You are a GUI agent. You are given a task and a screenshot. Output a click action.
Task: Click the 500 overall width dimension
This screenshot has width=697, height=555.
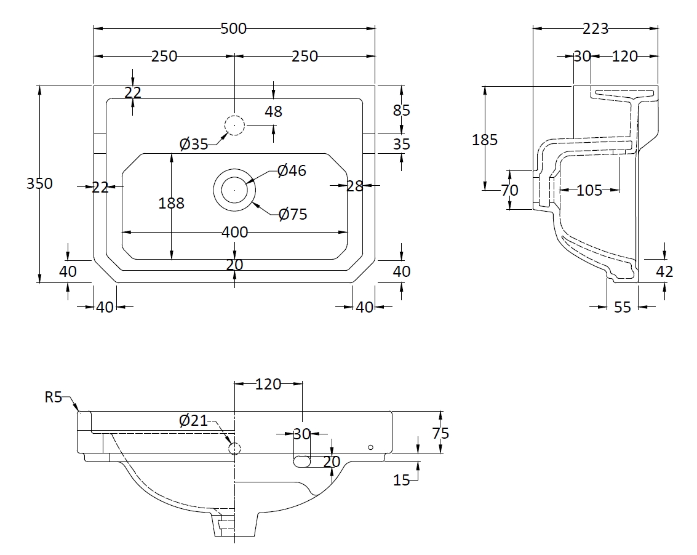point(234,28)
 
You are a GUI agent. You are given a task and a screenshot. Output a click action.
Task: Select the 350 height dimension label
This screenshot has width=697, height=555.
point(40,183)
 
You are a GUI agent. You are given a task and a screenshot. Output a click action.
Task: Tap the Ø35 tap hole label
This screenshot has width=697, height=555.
point(194,144)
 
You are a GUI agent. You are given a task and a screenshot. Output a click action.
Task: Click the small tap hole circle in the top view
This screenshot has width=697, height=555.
point(234,126)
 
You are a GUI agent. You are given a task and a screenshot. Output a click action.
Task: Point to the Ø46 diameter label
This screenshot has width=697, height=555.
point(292,170)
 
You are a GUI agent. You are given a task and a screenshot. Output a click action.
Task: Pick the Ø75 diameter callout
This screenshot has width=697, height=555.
point(293,214)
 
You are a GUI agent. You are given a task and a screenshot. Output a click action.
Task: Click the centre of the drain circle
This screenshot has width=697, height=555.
point(234,191)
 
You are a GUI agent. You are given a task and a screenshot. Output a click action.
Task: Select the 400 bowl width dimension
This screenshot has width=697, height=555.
point(234,232)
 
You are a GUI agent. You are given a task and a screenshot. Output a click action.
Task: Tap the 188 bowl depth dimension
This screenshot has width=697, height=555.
point(171,203)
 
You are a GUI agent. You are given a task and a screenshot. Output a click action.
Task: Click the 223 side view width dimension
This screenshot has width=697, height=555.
point(595,28)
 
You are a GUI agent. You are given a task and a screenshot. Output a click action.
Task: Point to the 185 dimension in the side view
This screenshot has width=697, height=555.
point(485,140)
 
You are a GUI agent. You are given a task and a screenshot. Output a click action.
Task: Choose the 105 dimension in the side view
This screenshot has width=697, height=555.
point(589,191)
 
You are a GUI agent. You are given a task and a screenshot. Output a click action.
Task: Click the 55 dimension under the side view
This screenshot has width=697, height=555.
point(623,306)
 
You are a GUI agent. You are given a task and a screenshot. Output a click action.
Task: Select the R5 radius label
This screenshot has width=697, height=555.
point(54,397)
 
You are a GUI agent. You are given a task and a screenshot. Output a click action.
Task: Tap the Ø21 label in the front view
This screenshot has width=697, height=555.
point(193,421)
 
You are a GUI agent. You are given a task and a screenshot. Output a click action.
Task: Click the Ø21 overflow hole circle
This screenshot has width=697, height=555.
point(234,449)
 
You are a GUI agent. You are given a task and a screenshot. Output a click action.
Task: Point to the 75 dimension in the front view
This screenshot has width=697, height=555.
point(440,433)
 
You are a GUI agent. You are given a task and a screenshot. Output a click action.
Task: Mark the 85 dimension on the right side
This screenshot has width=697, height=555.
point(401,111)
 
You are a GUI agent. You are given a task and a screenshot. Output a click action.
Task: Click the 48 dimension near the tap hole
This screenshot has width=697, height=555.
point(273,111)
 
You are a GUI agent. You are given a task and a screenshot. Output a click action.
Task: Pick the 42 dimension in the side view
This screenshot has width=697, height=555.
point(665,271)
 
